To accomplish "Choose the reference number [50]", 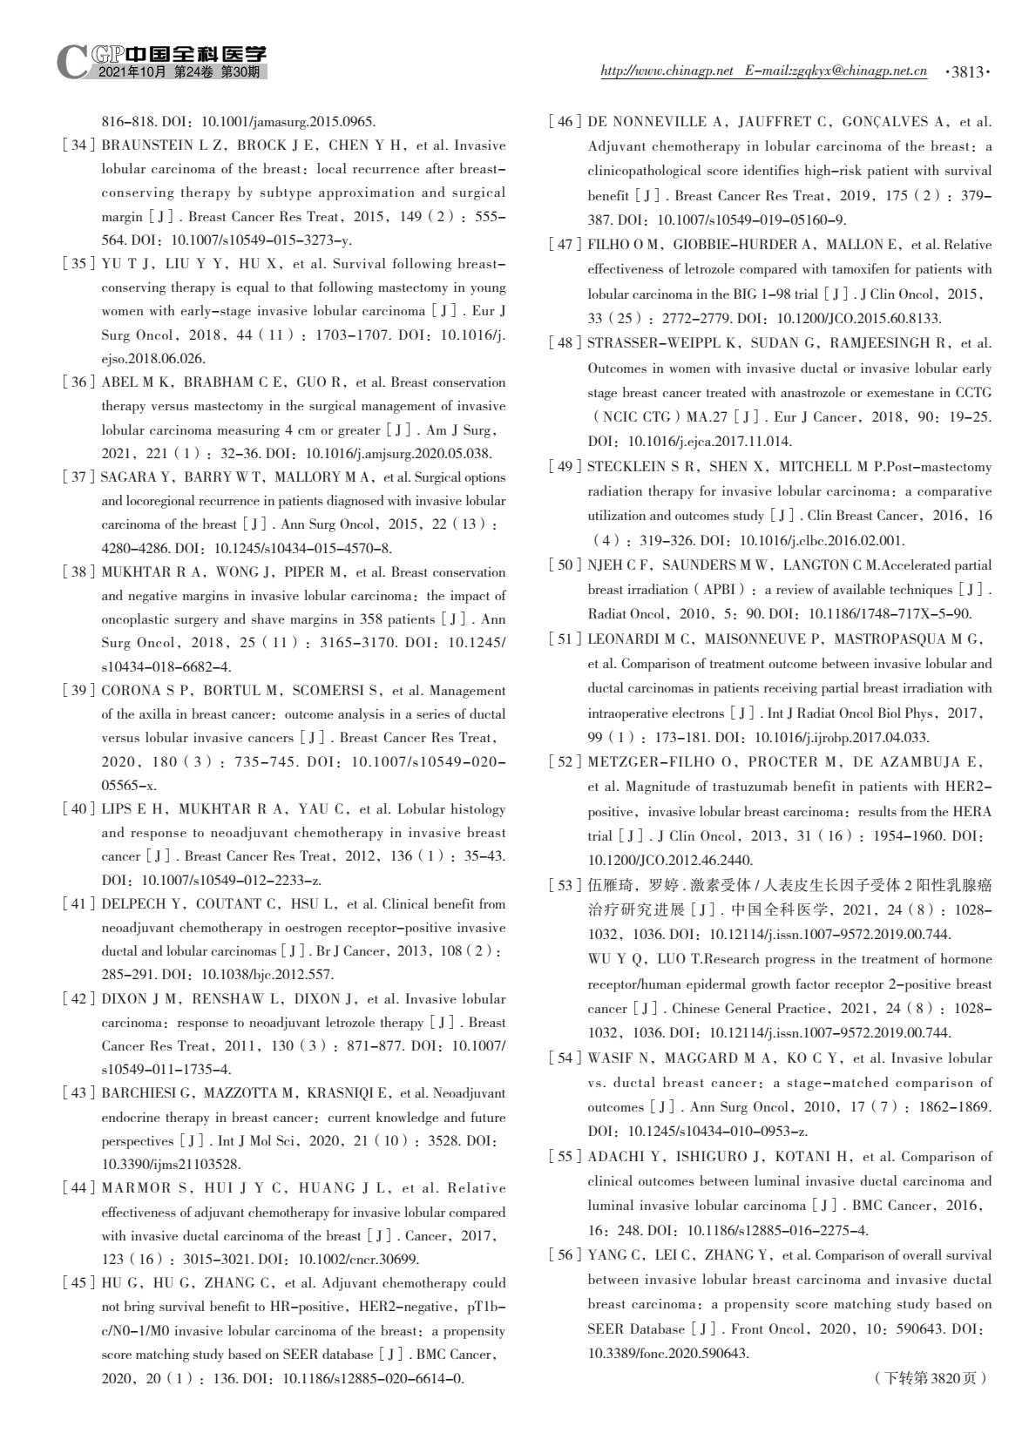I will [565, 565].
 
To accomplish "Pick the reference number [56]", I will [565, 1255].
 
